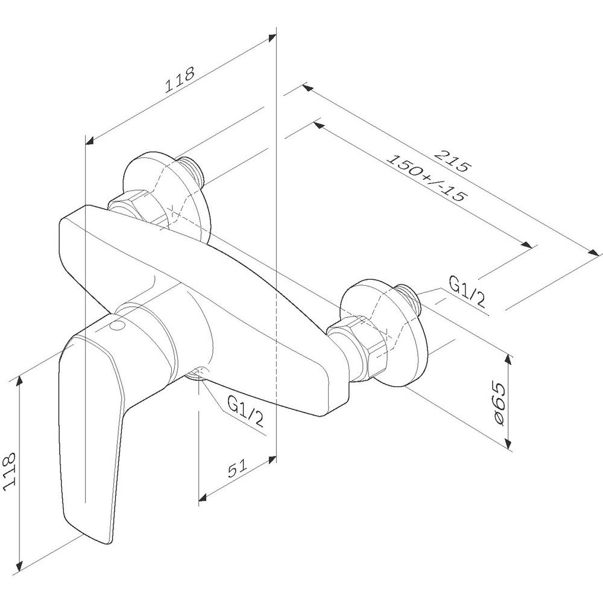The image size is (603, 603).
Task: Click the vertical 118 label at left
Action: (9, 471)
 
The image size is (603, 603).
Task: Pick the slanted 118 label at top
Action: (180, 80)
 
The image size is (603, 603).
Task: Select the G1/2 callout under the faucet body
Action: (246, 411)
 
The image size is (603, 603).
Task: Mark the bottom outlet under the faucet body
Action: (197, 374)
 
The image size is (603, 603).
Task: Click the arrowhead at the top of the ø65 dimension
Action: (509, 360)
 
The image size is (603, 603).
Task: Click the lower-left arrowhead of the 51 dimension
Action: (203, 498)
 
